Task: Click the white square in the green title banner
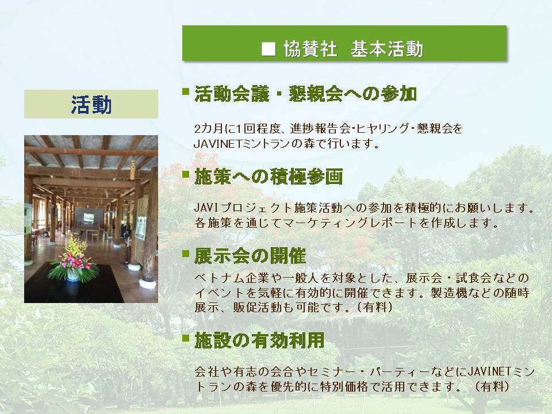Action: pos(269,49)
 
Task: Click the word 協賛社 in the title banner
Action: pos(310,49)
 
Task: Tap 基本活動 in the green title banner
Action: pos(386,49)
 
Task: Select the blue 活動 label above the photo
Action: pos(91,105)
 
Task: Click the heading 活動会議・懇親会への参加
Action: pos(305,94)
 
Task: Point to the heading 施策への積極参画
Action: pos(269,177)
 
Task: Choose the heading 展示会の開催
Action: pos(250,256)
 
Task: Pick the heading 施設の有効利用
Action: pos(259,340)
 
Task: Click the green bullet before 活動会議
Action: pos(186,91)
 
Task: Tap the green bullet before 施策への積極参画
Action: pos(186,174)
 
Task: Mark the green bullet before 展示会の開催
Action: pos(186,254)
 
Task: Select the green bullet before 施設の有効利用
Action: pos(186,338)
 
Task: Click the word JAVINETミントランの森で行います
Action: pos(286,144)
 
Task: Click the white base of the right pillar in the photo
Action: pos(148,283)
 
